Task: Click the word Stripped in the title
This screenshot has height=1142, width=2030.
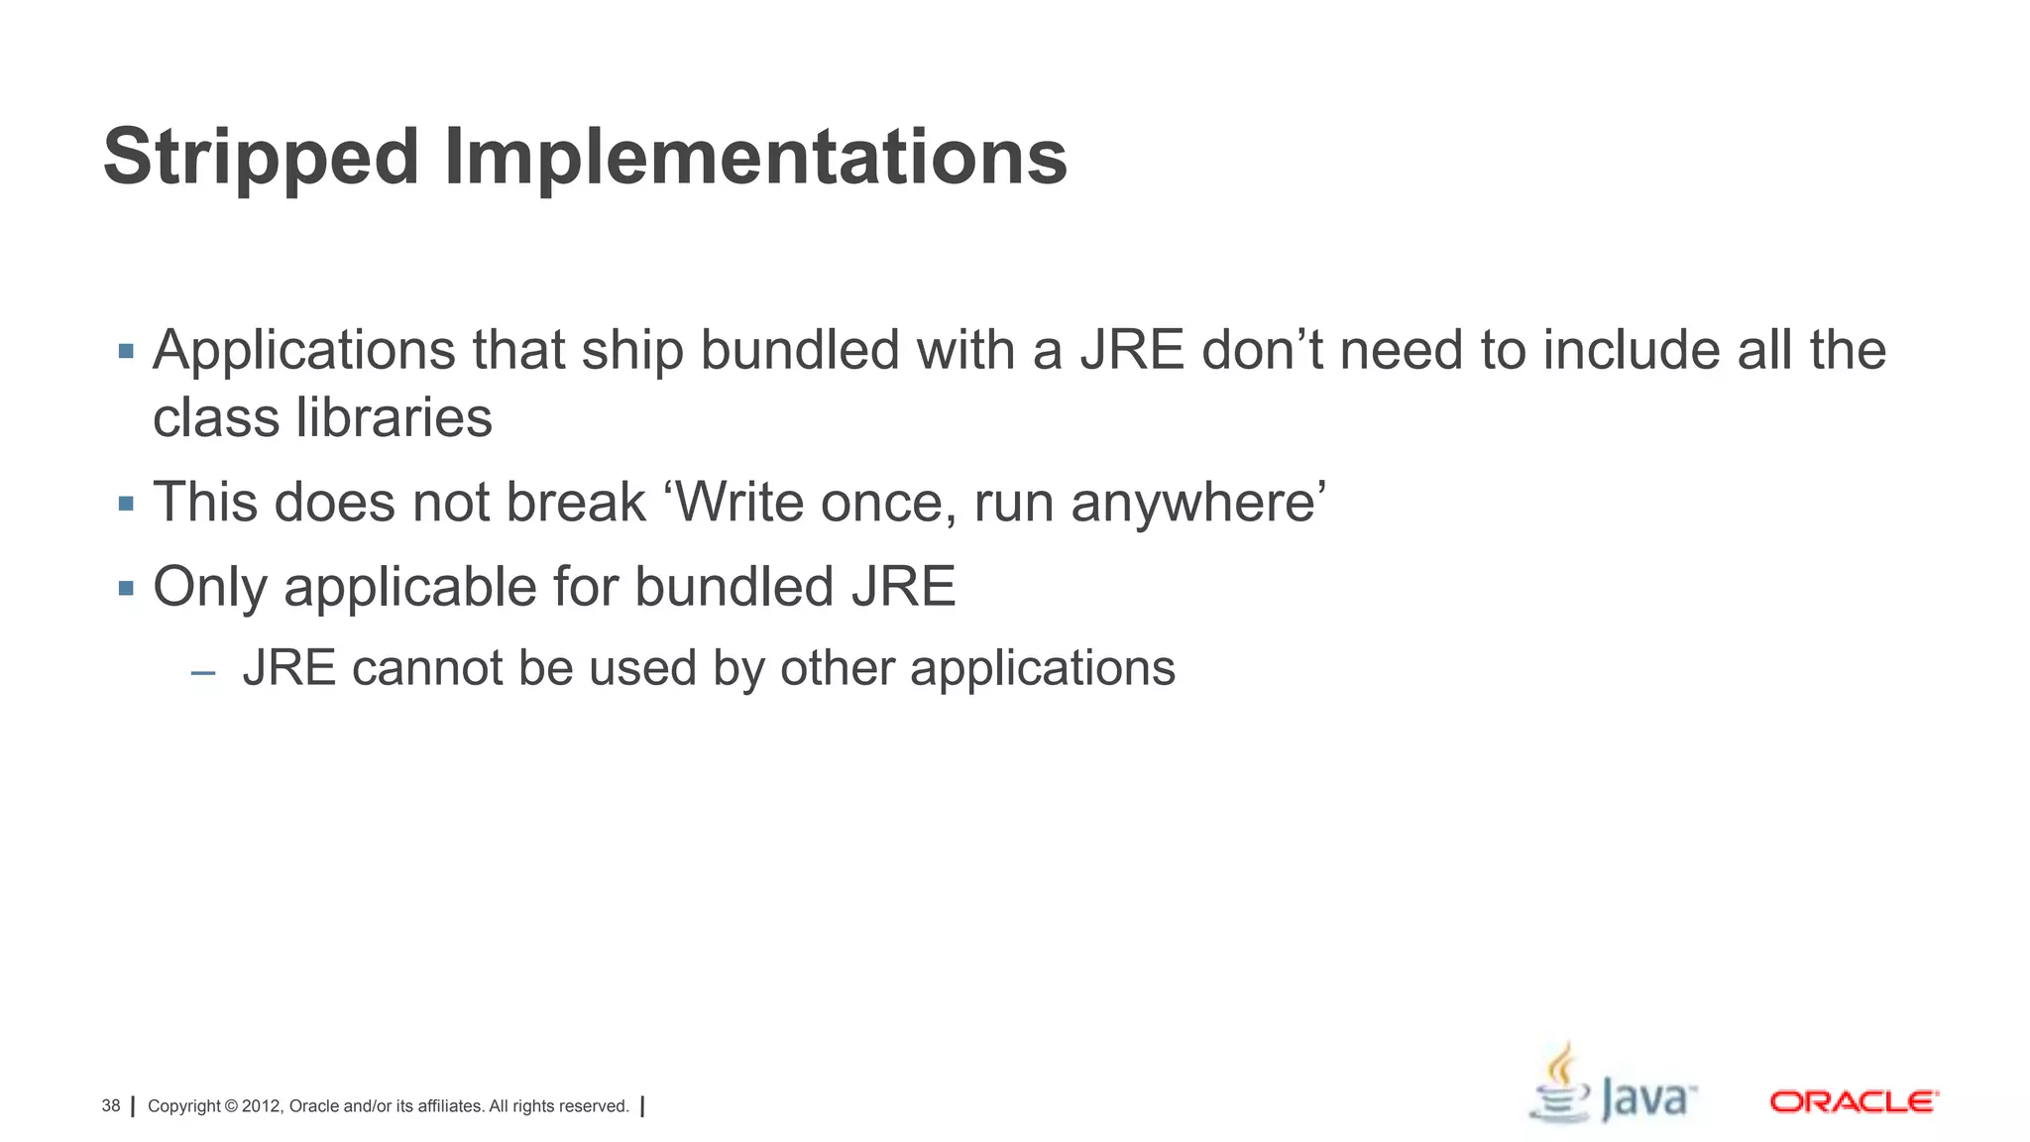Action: (x=261, y=159)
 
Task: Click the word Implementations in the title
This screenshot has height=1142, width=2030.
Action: (x=755, y=159)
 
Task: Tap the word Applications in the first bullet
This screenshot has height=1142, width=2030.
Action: (x=304, y=351)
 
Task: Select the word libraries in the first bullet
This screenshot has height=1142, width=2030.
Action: (x=394, y=417)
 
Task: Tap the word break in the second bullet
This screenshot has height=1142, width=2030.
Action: (x=576, y=502)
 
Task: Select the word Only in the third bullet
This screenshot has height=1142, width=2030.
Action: (x=210, y=587)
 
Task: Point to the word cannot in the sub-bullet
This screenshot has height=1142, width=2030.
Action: (x=427, y=668)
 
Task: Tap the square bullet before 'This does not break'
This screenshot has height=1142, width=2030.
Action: (x=126, y=504)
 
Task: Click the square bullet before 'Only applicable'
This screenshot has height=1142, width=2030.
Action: (x=126, y=589)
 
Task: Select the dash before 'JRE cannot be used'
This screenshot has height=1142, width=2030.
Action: (x=203, y=674)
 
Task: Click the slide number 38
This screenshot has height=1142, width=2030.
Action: (x=111, y=1106)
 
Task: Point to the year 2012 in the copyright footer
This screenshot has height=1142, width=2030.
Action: (x=262, y=1106)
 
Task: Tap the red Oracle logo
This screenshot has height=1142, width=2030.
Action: (x=1853, y=1101)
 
